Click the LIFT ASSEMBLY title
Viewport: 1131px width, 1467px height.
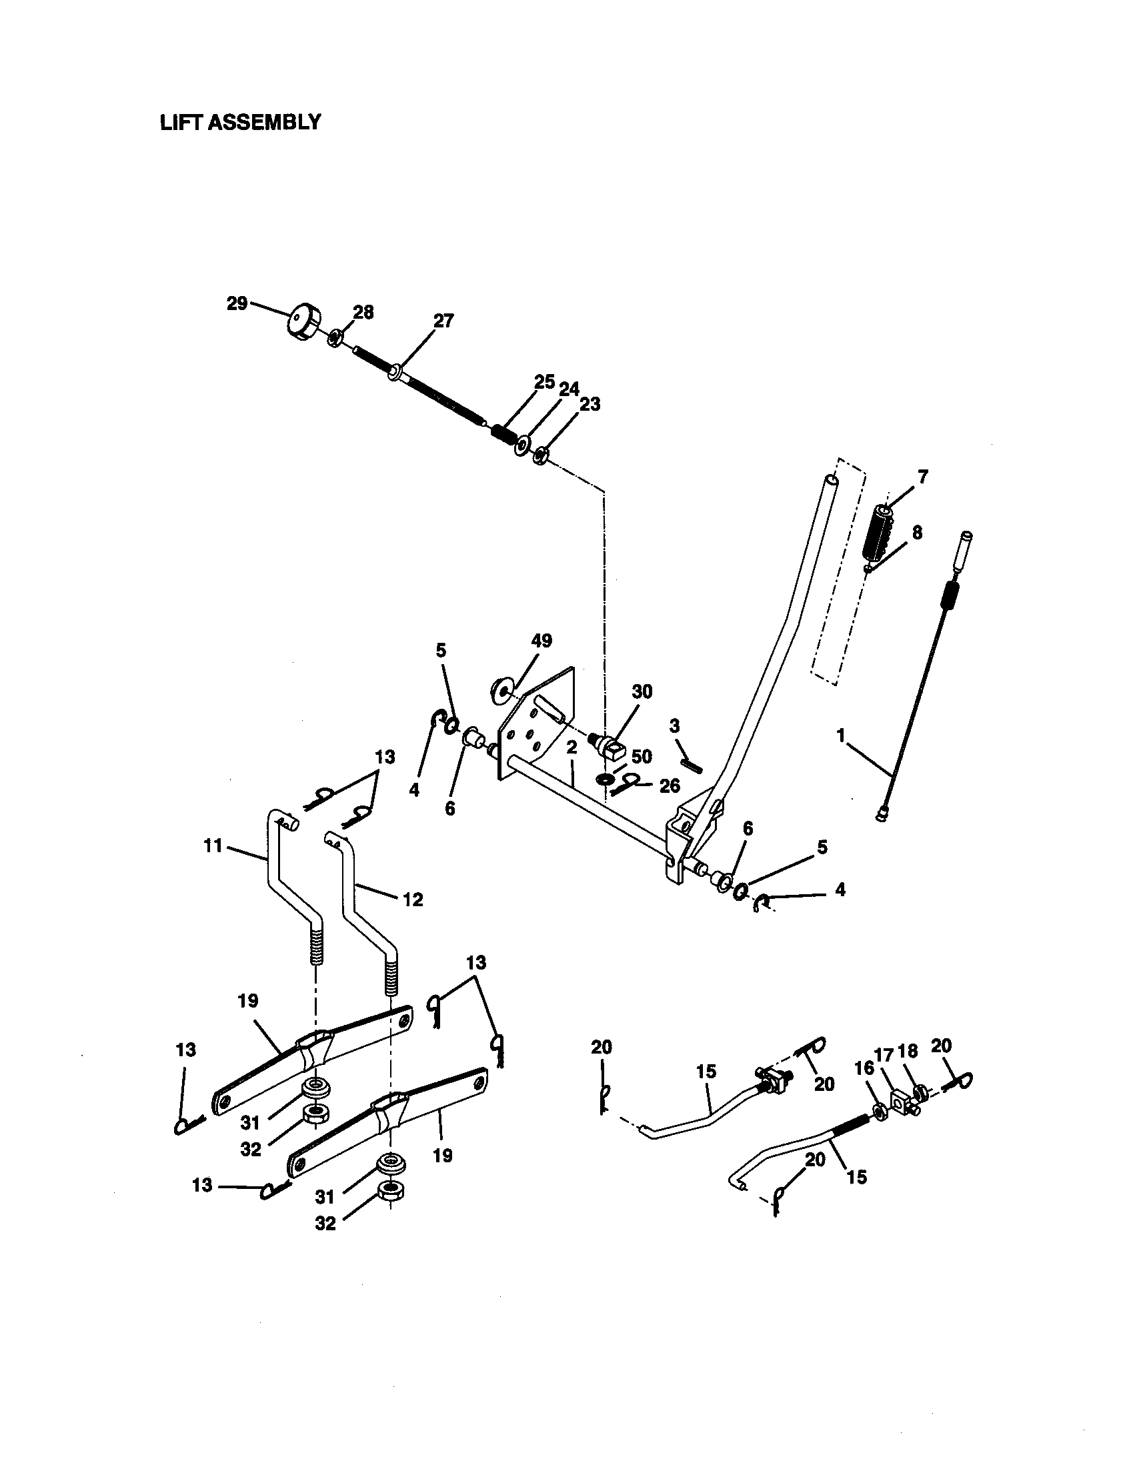[x=241, y=123]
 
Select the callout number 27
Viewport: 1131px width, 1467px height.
[x=443, y=321]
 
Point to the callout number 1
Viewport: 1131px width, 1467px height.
[x=840, y=736]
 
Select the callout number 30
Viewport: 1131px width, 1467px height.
[x=642, y=692]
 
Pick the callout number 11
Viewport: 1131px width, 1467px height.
[x=213, y=846]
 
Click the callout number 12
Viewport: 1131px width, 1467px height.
[x=413, y=900]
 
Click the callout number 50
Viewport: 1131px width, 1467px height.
[x=642, y=757]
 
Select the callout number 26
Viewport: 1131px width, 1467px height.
[x=670, y=786]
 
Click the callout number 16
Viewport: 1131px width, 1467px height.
[x=864, y=1068]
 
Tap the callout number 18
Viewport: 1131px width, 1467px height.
[x=908, y=1051]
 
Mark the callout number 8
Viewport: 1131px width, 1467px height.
[x=917, y=533]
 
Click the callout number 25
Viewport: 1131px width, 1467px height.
[x=544, y=382]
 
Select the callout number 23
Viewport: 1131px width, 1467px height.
[x=590, y=404]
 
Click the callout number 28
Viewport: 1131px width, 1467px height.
[x=363, y=312]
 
